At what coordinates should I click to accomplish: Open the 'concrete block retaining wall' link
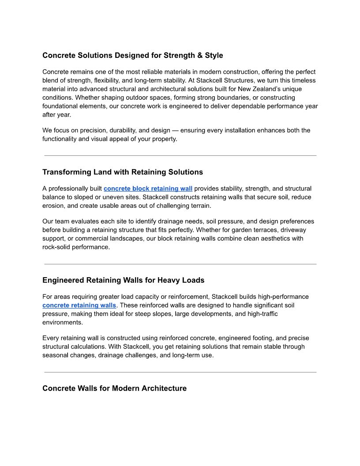(148, 188)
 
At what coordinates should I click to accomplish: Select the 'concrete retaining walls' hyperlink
(79, 305)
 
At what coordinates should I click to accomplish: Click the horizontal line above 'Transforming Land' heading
(180, 156)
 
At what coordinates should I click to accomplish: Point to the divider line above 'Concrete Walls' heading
(180, 372)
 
